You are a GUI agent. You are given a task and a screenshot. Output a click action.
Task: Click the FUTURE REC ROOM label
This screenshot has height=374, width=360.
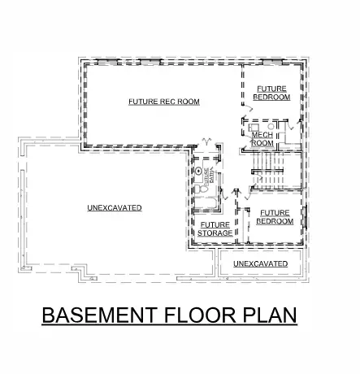[163, 102]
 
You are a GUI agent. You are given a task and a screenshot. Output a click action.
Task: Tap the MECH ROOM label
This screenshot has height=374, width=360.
[262, 139]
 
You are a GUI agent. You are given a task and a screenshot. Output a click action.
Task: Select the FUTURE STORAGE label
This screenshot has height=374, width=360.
[215, 228]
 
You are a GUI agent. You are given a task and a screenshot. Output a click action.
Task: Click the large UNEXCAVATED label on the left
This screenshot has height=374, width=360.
[115, 208]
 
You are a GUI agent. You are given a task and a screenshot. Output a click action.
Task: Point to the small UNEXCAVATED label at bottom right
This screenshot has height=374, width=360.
[260, 264]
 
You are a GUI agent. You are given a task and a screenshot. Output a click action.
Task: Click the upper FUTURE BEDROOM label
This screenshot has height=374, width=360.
[271, 92]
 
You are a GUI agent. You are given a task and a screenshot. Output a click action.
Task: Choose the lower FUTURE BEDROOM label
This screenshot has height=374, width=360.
[274, 216]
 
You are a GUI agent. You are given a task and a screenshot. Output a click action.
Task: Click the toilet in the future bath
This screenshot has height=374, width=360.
[201, 189]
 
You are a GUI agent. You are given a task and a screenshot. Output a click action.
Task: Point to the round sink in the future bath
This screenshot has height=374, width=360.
[199, 172]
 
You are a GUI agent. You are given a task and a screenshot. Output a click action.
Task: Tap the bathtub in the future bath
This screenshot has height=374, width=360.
[205, 203]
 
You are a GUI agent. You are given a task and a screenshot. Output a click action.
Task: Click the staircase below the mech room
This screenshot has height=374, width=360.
[267, 171]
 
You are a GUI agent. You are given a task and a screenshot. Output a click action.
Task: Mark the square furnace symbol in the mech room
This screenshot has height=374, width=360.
[254, 127]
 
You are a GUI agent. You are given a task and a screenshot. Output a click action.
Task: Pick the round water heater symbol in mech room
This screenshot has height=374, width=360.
[271, 126]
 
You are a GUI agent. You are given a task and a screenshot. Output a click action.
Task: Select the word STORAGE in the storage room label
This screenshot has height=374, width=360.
[215, 233]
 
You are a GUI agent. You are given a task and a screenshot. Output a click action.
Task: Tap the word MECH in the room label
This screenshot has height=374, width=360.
[262, 134]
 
